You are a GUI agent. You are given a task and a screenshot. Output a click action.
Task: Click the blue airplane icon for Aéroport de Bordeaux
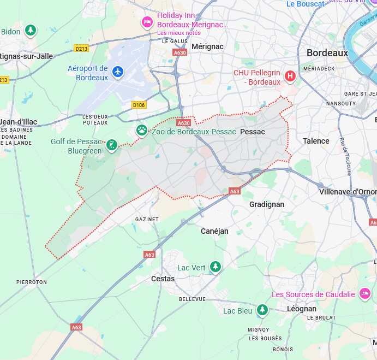click(x=118, y=72)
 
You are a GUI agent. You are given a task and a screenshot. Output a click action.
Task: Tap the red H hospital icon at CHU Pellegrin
click(x=290, y=76)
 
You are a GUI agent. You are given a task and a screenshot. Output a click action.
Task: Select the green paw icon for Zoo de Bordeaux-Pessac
click(x=142, y=131)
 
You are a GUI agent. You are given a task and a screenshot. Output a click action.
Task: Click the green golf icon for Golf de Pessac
click(x=111, y=145)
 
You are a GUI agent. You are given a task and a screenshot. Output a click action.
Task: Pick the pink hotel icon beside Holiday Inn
click(x=147, y=22)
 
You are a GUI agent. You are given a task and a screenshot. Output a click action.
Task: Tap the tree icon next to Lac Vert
click(x=216, y=267)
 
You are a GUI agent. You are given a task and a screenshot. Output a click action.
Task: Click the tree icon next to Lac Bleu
click(x=262, y=310)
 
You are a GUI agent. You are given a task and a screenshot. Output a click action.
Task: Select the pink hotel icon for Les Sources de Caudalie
click(x=365, y=294)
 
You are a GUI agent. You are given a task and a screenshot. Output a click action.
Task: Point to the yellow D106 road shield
click(x=139, y=105)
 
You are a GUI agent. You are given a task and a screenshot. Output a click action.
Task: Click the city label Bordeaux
click(x=327, y=53)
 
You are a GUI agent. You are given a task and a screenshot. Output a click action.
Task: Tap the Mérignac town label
click(x=207, y=46)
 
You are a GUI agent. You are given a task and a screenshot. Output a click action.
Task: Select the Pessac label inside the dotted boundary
click(x=252, y=132)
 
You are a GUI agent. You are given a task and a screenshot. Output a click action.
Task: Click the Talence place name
click(x=316, y=141)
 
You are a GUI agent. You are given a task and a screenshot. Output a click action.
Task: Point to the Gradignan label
click(x=267, y=204)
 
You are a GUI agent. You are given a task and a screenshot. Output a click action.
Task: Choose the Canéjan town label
click(x=214, y=231)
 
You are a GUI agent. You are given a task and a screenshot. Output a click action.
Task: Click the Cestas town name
click(x=163, y=279)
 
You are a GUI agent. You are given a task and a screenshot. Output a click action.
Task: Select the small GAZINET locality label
click(x=147, y=219)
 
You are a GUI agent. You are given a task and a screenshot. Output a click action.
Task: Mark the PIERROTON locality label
click(x=32, y=282)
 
